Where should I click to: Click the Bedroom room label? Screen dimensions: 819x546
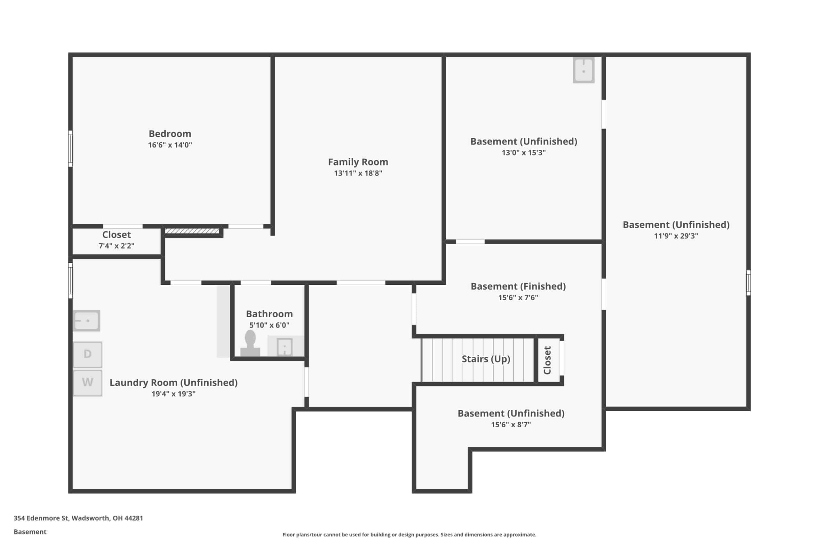(x=170, y=134)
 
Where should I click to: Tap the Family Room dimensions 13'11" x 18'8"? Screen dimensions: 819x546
(x=358, y=173)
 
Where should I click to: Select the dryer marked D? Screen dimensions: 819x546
(x=88, y=354)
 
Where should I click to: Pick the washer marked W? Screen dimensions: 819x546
(x=88, y=383)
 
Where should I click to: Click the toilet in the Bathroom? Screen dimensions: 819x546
(x=250, y=343)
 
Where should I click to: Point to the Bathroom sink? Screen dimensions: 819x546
(x=284, y=347)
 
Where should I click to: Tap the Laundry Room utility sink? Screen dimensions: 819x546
(x=87, y=321)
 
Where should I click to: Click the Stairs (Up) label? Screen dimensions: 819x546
(x=486, y=359)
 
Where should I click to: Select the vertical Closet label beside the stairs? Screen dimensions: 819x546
(x=547, y=360)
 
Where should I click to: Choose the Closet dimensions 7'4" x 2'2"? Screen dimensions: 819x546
(x=116, y=246)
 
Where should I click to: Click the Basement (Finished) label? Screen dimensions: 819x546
(x=518, y=286)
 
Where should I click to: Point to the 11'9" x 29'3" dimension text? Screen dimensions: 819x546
(x=676, y=236)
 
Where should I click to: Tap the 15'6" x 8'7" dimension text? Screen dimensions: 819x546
(x=511, y=424)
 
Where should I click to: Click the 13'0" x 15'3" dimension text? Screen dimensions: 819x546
(x=524, y=153)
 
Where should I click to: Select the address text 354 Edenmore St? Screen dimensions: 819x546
(x=41, y=518)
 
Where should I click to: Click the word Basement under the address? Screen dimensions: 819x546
(x=30, y=532)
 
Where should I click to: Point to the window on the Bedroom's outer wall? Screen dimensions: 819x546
(x=70, y=149)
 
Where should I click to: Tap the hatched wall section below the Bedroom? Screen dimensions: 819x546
(x=192, y=231)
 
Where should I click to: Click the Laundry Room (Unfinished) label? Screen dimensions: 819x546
(x=173, y=383)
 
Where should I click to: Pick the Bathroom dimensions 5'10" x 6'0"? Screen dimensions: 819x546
(x=269, y=325)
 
